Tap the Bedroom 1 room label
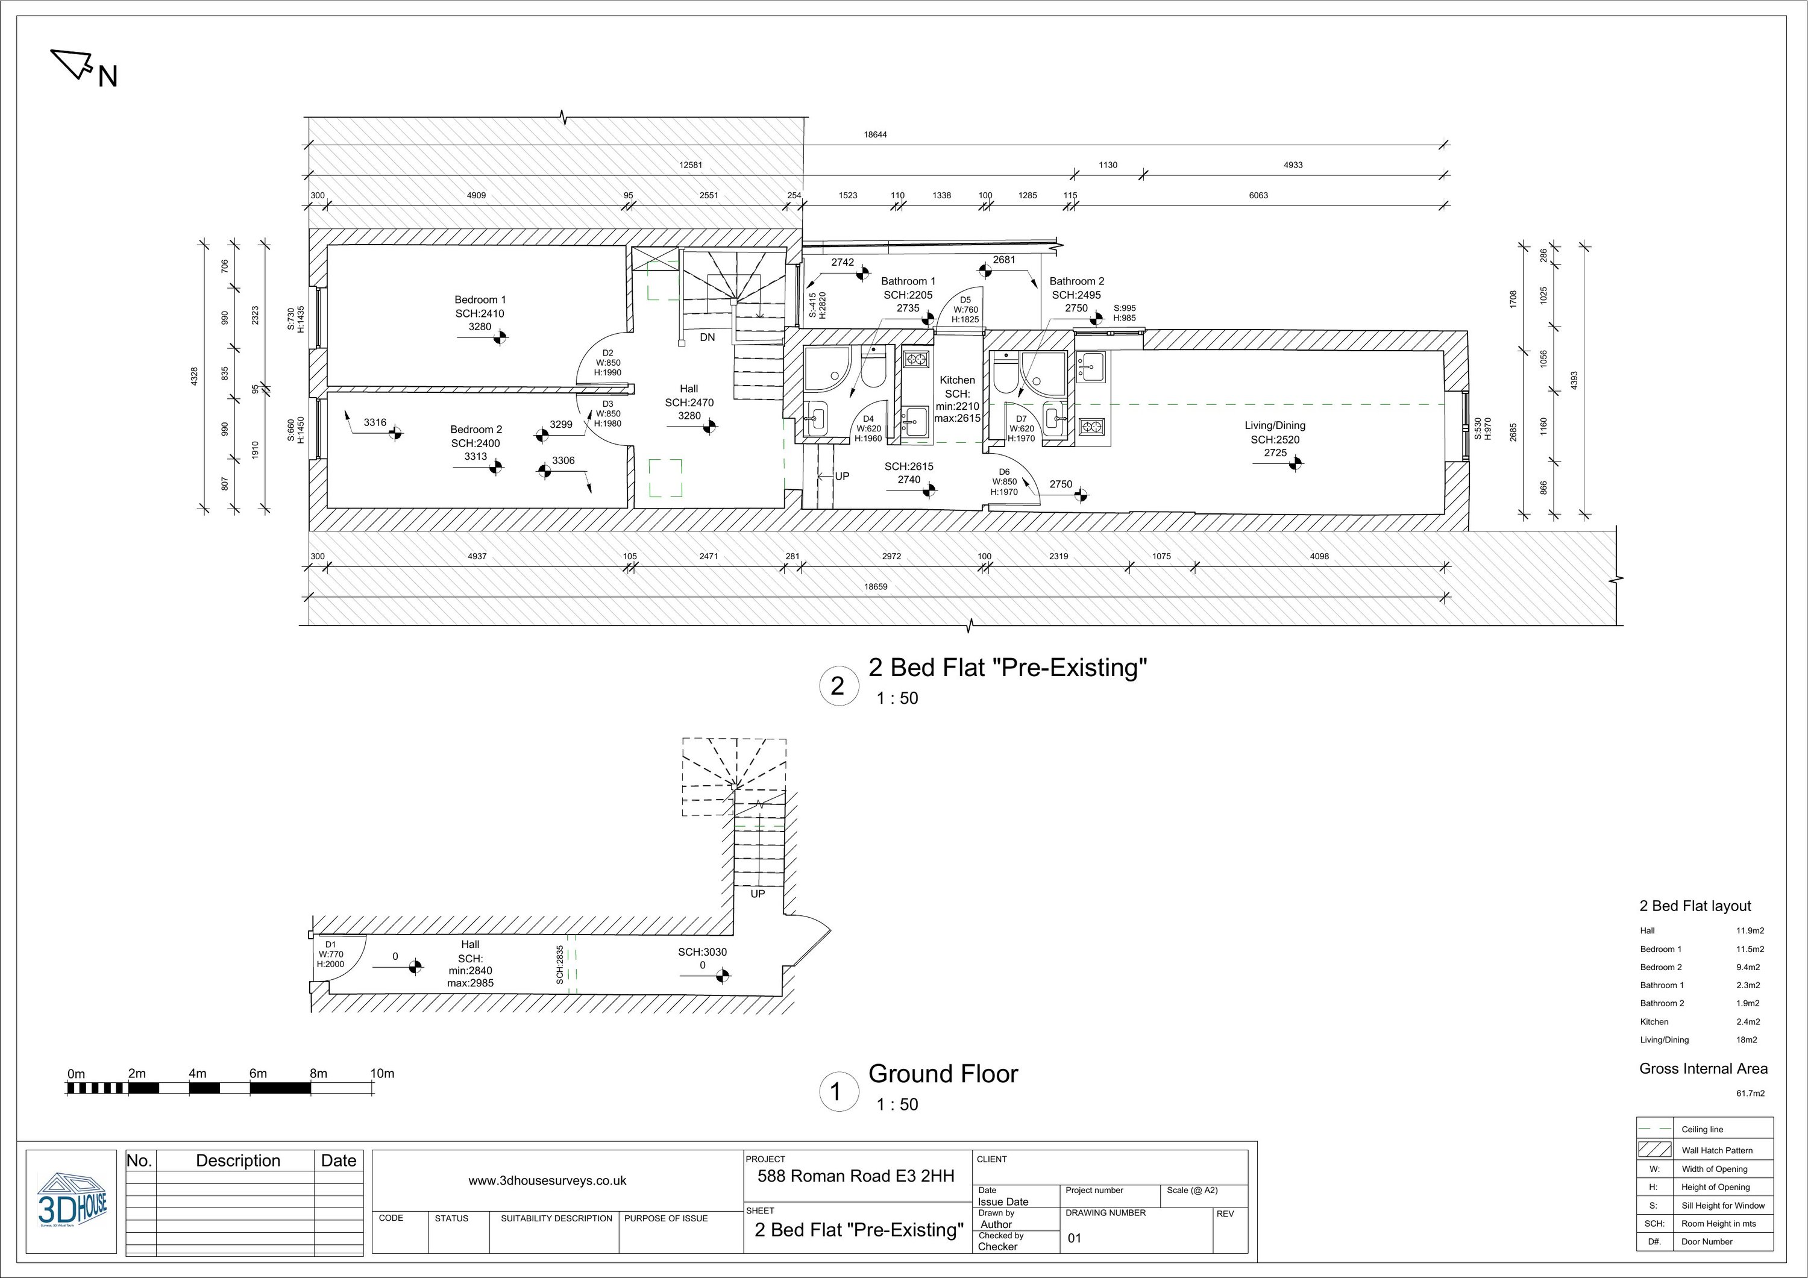[480, 300]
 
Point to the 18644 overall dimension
[875, 134]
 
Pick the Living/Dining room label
[1274, 425]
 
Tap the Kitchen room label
[957, 380]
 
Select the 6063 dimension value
[1258, 195]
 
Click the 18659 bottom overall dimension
[875, 587]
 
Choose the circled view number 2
[837, 686]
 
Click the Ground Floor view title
[943, 1074]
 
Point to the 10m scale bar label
[382, 1073]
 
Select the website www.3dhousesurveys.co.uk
[547, 1181]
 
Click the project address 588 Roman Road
[855, 1176]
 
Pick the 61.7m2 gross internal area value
[1750, 1094]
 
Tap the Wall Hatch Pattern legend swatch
[1654, 1150]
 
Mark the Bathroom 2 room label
[1076, 281]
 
